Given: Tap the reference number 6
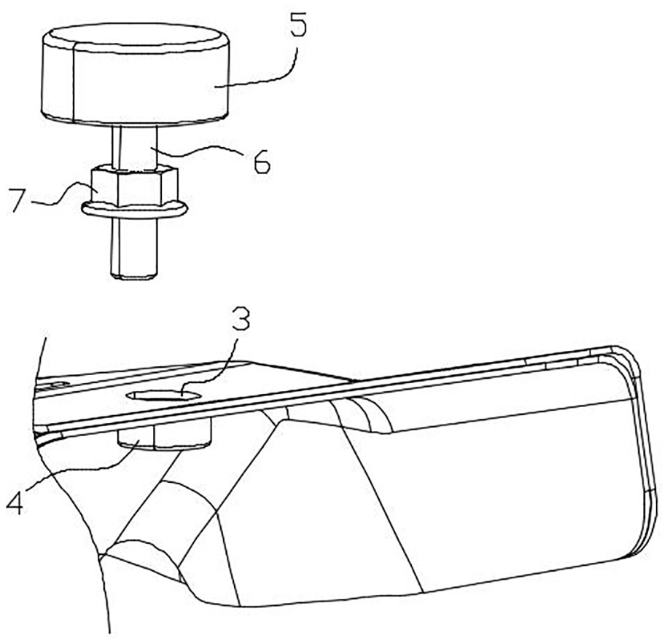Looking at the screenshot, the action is (x=262, y=161).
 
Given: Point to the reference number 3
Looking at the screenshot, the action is (x=240, y=320).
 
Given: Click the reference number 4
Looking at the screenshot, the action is (x=15, y=502).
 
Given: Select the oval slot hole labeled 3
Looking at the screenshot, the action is (x=164, y=395).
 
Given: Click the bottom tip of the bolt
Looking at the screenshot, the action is (x=134, y=277).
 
